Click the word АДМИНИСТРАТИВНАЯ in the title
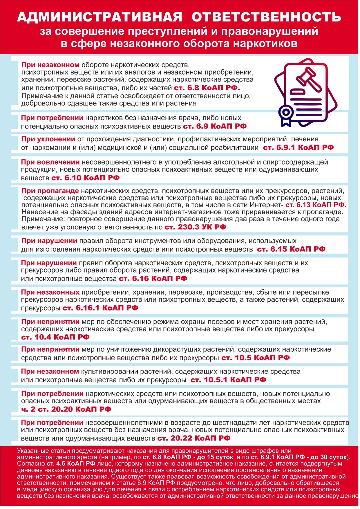click(100, 17)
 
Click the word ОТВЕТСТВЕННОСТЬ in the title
click(266, 17)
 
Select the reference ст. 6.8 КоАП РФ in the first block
click(207, 88)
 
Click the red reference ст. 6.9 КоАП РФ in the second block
click(215, 126)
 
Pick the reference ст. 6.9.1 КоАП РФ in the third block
click(298, 147)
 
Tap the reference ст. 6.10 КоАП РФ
click(85, 178)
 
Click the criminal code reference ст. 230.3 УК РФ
click(195, 227)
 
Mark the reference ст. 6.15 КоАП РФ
click(291, 249)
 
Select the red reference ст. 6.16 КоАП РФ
click(153, 279)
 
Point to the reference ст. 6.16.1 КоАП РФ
click(100, 308)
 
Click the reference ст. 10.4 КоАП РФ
click(55, 337)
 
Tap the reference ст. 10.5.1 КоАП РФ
click(228, 380)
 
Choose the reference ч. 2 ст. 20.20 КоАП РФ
click(66, 409)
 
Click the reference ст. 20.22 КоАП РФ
click(194, 438)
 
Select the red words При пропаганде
click(50, 191)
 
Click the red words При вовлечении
click(50, 162)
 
